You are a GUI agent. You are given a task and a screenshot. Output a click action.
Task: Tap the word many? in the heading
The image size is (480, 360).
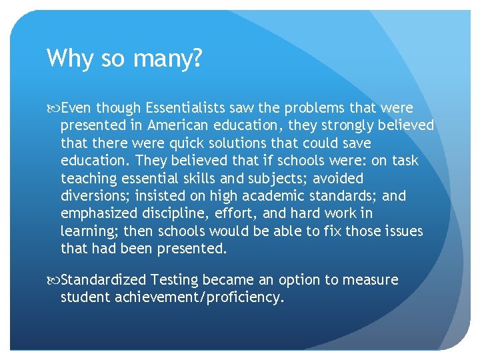point(166,59)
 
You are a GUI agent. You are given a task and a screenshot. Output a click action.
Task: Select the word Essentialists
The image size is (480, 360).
point(187,108)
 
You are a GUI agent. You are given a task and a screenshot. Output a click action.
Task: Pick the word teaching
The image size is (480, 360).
point(86,179)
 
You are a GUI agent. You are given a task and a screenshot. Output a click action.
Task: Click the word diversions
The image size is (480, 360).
point(96,196)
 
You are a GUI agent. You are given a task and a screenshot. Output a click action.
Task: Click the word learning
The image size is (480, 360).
point(86,231)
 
